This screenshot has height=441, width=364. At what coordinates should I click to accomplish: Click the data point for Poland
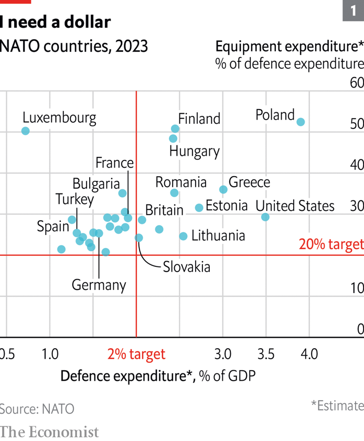[301, 122]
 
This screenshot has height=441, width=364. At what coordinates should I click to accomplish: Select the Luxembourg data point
[25, 131]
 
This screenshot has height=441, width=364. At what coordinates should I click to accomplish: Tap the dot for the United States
[265, 217]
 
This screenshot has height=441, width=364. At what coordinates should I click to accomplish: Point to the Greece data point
[223, 189]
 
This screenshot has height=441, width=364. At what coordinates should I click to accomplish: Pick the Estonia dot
[199, 208]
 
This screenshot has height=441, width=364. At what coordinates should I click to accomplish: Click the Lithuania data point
[183, 236]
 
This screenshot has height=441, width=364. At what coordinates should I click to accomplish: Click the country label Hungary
[194, 152]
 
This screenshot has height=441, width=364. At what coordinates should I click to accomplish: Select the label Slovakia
[186, 266]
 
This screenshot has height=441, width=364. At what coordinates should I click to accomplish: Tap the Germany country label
[99, 285]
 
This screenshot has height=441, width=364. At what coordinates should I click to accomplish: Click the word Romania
[181, 182]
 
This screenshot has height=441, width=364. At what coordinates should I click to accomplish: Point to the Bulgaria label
[96, 184]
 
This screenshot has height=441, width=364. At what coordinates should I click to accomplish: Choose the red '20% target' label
[331, 244]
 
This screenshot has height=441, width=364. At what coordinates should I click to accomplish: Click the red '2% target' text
[136, 354]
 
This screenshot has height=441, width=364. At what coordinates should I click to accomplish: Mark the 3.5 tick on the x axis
[266, 354]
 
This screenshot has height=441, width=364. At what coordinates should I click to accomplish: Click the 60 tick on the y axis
[357, 83]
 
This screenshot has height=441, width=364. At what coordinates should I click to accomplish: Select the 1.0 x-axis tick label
[50, 354]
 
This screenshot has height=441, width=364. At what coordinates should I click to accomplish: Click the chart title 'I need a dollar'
[55, 22]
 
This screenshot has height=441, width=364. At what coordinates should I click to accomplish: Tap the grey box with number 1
[353, 10]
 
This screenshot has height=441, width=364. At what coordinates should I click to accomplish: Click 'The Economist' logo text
[49, 432]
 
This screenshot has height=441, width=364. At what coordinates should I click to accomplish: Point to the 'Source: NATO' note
[37, 409]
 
